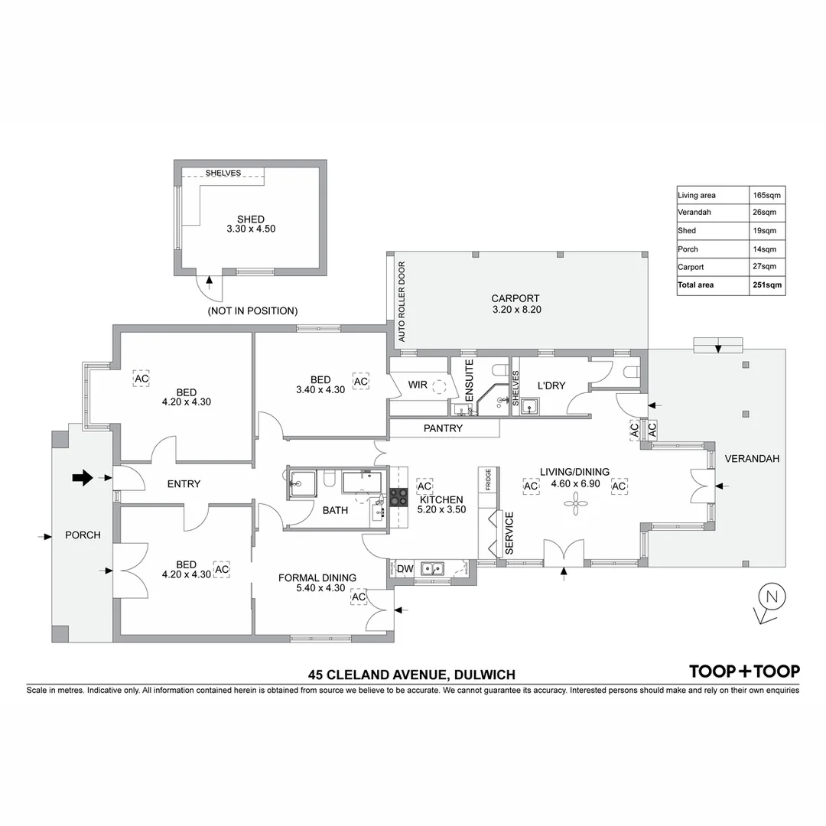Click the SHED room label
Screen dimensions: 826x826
click(250, 220)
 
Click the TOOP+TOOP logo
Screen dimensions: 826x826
click(744, 672)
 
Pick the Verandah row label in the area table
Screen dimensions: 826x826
click(694, 212)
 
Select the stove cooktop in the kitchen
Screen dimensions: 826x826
click(398, 497)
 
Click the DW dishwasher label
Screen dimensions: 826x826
click(405, 568)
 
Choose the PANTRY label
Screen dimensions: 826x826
click(443, 428)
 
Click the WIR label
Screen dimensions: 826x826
click(418, 385)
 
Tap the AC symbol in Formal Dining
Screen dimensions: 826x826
click(358, 597)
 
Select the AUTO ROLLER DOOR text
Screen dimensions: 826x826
click(400, 301)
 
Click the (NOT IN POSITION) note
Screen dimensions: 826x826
click(252, 311)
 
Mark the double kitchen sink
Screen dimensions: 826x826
click(434, 569)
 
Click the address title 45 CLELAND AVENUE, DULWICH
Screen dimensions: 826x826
click(411, 675)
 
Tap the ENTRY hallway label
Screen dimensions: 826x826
click(184, 483)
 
